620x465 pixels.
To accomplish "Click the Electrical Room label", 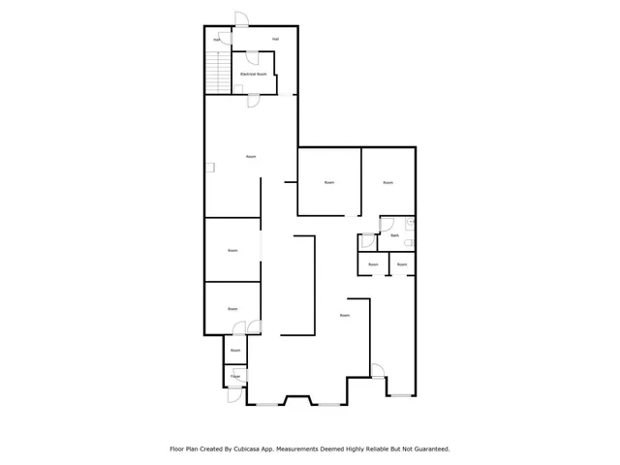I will tap(253, 74).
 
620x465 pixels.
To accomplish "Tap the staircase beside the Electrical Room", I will tap(219, 72).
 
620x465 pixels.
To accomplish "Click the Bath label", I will tap(394, 235).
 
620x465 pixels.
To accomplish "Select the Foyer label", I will tap(234, 375).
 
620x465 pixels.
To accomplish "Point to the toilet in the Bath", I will tap(410, 224).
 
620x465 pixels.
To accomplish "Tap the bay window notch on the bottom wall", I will tap(295, 398).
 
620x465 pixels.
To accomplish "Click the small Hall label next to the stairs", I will tap(217, 40).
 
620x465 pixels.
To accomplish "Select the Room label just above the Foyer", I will tap(234, 350).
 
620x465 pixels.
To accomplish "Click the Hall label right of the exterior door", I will tap(276, 39).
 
